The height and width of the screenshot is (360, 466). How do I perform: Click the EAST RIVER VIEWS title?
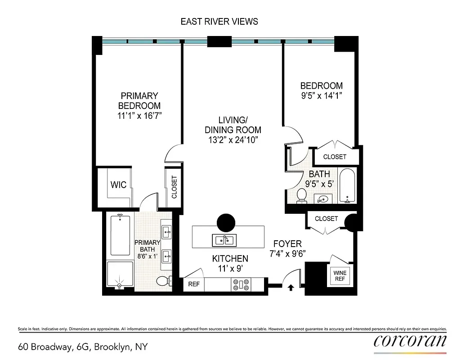[219, 22]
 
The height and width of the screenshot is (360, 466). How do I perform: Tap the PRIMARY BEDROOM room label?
[139, 101]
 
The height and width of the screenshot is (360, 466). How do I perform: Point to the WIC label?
[118, 184]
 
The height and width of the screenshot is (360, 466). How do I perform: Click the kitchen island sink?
[224, 239]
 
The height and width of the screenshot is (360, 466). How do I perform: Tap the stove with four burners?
[241, 284]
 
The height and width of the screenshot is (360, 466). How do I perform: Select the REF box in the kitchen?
[193, 284]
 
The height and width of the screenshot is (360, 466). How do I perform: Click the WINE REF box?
[340, 276]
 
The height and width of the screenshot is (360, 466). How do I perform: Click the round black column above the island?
[226, 222]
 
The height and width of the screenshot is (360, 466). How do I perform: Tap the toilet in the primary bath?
[162, 281]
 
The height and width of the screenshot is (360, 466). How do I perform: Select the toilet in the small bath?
[302, 195]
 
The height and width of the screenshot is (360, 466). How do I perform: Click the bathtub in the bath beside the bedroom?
[347, 185]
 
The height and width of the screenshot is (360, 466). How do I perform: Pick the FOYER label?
[287, 244]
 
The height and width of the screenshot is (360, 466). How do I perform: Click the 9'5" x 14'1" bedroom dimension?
[321, 95]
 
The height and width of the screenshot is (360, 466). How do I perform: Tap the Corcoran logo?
[410, 341]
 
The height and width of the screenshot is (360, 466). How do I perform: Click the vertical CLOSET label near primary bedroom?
[174, 187]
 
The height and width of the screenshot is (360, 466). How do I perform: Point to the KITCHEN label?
[230, 258]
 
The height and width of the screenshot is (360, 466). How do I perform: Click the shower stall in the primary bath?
[120, 276]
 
